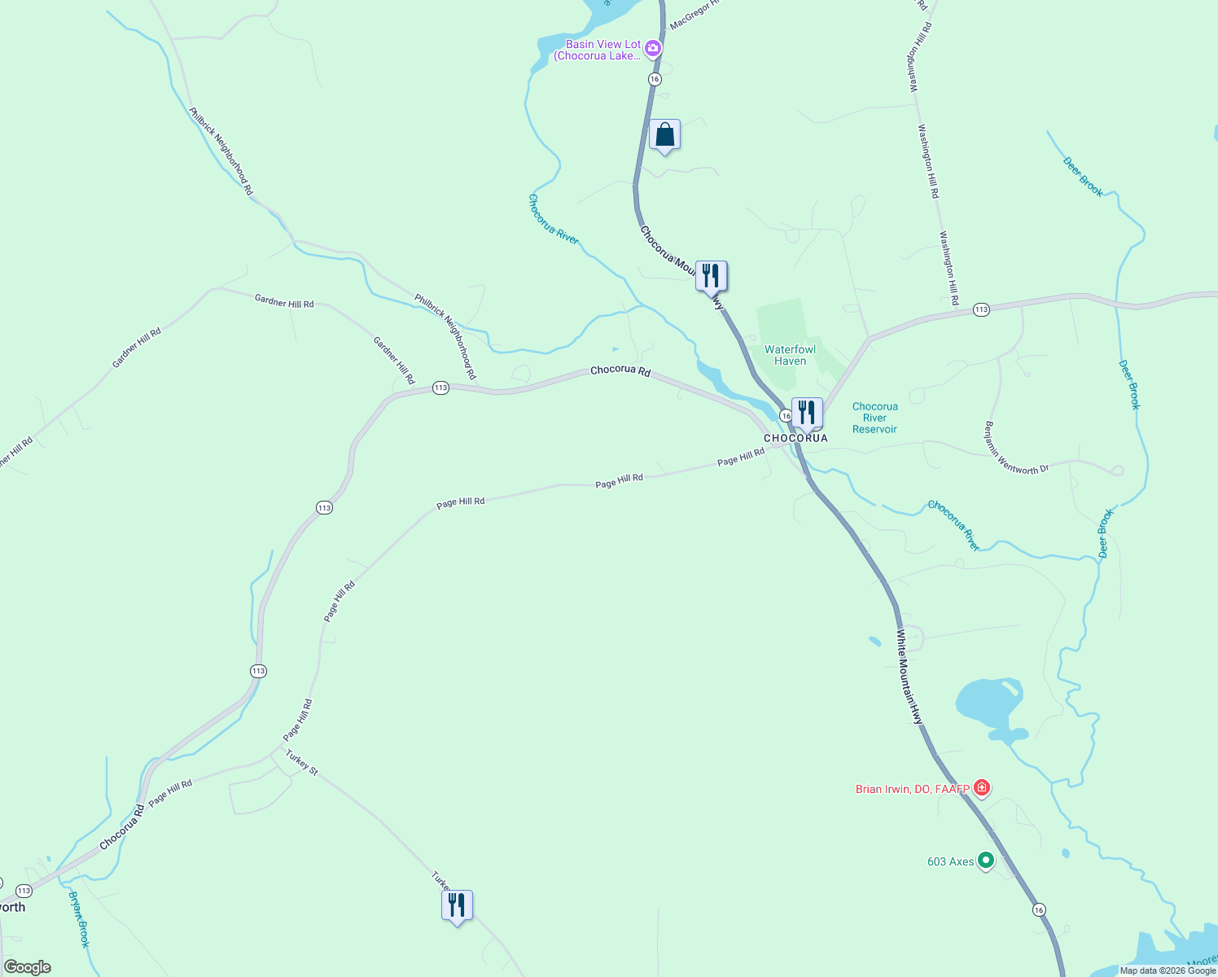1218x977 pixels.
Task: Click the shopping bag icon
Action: (664, 135)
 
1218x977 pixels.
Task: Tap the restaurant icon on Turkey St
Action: (457, 905)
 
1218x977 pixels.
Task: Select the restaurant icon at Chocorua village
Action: (807, 412)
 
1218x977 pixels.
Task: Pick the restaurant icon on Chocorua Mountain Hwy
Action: (711, 276)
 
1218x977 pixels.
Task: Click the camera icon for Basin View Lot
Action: (652, 50)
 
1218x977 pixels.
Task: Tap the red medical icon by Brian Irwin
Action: (983, 788)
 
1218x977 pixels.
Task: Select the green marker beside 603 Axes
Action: (986, 860)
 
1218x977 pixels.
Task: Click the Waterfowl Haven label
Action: (790, 355)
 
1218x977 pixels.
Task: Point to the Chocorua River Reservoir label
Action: (874, 418)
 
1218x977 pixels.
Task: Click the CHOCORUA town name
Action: (795, 438)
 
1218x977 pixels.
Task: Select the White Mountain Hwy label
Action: (910, 677)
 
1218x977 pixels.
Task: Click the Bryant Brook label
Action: (79, 919)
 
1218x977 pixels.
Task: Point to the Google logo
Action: (27, 967)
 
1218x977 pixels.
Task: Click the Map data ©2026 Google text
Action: (1168, 970)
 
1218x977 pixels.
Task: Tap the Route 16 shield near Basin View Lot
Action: (655, 79)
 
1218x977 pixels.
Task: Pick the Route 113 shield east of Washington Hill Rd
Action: (981, 310)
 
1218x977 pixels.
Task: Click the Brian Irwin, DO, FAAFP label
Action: (912, 789)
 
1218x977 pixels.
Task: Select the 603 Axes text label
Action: (951, 861)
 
